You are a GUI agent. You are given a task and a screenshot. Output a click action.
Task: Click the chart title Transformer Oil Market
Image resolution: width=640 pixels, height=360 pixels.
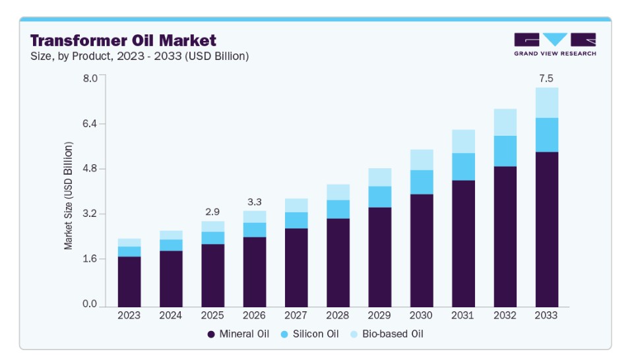click(123, 40)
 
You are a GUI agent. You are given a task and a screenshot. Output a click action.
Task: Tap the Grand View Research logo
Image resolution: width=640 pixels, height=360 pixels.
click(555, 44)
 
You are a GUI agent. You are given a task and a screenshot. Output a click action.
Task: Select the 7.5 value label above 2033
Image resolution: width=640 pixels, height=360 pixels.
click(546, 78)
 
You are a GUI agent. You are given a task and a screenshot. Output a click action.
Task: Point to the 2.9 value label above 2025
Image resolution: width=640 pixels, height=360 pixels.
click(212, 212)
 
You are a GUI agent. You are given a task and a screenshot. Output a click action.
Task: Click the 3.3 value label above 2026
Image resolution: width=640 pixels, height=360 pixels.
click(254, 202)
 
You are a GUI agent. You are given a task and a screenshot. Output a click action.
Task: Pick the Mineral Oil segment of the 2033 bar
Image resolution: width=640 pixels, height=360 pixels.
click(546, 229)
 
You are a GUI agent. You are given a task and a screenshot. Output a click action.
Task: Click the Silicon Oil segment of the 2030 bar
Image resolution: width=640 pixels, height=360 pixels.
click(422, 182)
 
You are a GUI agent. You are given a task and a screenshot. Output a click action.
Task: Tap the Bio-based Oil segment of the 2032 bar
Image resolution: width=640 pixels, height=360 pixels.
click(505, 123)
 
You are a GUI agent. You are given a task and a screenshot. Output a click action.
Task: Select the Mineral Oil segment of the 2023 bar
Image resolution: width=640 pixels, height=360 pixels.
click(129, 282)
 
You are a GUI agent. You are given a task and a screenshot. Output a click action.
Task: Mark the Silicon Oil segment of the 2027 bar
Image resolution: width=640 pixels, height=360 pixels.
click(296, 221)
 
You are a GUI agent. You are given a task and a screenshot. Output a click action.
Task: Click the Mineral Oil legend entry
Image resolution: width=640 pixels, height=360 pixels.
click(238, 334)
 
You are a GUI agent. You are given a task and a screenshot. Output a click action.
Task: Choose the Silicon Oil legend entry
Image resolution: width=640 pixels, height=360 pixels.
click(310, 334)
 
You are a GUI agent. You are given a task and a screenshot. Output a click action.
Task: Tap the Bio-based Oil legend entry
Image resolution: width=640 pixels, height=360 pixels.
click(387, 334)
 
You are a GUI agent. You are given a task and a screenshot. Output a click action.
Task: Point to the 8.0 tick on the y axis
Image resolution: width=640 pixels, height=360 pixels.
click(90, 78)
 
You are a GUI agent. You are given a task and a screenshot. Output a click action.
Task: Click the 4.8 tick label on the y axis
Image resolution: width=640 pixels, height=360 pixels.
click(90, 168)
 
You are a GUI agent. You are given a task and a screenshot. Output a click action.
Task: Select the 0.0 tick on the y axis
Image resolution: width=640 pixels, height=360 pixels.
click(90, 304)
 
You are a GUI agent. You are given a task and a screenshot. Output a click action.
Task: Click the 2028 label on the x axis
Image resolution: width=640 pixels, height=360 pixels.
click(338, 315)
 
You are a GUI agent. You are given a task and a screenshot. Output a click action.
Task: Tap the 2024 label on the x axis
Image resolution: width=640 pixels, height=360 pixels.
click(171, 315)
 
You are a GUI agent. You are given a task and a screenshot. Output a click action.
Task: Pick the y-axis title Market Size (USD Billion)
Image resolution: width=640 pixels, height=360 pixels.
click(68, 196)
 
